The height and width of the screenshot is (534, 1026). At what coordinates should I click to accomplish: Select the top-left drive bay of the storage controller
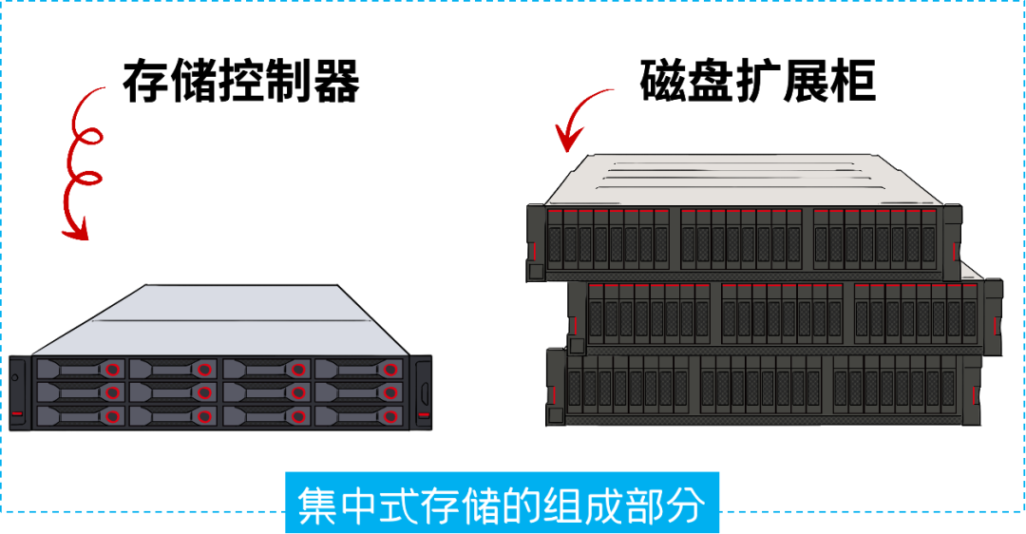click(80, 368)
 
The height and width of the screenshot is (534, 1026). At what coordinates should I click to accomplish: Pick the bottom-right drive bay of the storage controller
click(358, 415)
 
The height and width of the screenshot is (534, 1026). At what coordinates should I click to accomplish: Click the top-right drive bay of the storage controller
click(358, 368)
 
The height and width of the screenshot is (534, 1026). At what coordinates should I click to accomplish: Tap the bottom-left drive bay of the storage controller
click(80, 415)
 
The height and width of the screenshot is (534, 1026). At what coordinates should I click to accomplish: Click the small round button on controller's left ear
click(16, 378)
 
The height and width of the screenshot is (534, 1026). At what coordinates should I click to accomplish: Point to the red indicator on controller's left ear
click(18, 414)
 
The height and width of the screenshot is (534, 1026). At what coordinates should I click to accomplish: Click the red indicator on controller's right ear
click(424, 414)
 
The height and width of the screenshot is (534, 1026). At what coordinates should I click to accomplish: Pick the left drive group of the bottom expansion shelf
click(627, 388)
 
